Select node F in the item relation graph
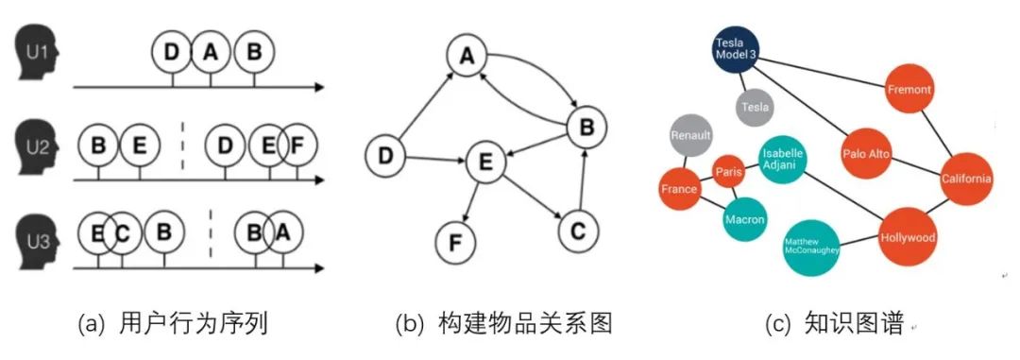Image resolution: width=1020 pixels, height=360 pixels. coord(456,243)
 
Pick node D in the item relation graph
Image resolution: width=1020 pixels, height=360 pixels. coord(386,157)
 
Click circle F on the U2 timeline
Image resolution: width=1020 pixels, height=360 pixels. coord(297,145)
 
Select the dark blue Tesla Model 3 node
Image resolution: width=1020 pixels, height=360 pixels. coord(735,49)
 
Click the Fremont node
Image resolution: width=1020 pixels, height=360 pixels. coord(909,90)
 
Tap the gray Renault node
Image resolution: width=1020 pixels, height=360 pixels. coord(690,135)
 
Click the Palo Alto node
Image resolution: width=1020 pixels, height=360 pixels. coord(866,154)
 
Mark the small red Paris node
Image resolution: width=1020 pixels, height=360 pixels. coord(728,172)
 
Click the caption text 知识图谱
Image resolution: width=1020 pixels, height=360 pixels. coord(854,323)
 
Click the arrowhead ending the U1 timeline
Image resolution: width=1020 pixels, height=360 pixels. coord(319,87)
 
